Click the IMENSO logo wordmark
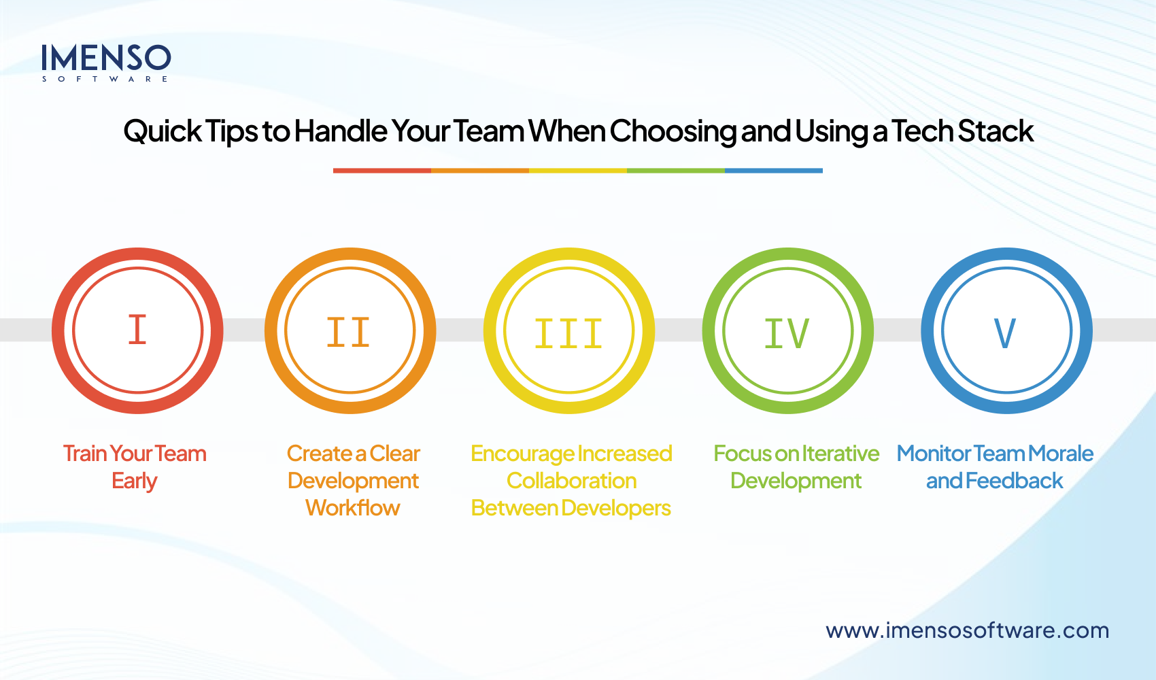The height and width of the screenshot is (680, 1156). [x=105, y=58]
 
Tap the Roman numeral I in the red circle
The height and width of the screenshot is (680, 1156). [x=137, y=330]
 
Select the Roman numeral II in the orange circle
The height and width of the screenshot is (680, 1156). [x=349, y=332]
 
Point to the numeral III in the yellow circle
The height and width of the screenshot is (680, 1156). [x=568, y=333]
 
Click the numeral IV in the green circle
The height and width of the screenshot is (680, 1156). [x=787, y=333]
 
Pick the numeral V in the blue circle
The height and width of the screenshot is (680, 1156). [x=1005, y=333]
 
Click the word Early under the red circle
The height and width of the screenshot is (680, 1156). [x=135, y=481]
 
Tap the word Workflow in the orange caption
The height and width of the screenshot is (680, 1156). [x=352, y=508]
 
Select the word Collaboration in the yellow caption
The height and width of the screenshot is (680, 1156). [x=571, y=481]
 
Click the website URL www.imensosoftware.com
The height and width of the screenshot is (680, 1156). [x=967, y=630]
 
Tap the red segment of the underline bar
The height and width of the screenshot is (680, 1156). [x=382, y=171]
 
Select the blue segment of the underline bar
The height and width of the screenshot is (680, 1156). [x=774, y=171]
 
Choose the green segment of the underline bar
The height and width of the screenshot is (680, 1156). [x=676, y=171]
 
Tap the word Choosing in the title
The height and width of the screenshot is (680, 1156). [x=673, y=131]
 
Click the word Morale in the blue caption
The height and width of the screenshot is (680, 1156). [x=1061, y=454]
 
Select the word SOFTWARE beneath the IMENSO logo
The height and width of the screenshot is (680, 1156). [x=105, y=79]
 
